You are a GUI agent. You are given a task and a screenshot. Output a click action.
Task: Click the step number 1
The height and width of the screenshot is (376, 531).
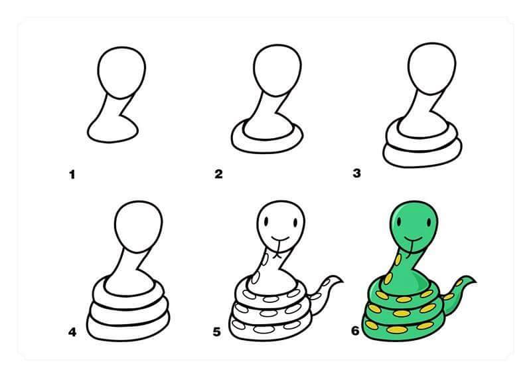coord(72,175)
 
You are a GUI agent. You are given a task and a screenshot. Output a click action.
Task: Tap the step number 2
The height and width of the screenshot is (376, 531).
coord(219,174)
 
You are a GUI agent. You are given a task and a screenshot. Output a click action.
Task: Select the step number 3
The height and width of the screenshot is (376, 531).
coord(356,173)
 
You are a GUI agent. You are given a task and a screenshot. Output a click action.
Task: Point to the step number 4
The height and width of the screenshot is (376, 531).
coord(72,332)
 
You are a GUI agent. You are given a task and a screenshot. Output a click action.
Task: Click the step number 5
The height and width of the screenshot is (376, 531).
coord(217,332)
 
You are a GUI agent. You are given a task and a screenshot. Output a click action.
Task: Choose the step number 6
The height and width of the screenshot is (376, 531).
coord(355,331)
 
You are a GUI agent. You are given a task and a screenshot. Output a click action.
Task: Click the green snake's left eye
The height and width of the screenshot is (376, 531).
coord(400,223)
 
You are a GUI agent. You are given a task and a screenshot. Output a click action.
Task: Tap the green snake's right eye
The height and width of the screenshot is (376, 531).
coord(429,223)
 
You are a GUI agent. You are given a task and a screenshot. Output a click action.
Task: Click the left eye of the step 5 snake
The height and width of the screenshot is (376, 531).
coord(266,222)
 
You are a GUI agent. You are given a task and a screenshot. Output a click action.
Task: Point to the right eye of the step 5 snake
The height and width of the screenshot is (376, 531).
coord(295,223)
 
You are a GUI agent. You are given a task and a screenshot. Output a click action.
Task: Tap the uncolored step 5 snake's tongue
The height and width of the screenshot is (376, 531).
coord(277,249)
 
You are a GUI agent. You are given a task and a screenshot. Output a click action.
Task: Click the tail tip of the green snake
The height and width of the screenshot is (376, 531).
coord(475,281)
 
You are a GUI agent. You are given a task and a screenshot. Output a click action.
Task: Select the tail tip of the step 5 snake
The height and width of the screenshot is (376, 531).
coord(342,281)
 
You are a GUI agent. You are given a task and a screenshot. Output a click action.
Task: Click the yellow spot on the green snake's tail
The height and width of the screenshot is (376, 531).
coord(459,283)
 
